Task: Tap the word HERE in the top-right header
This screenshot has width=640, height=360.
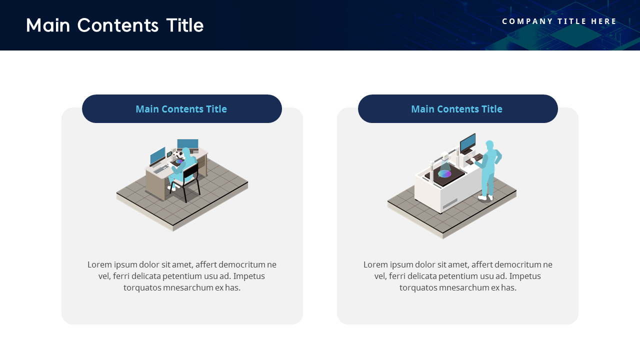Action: coord(604,21)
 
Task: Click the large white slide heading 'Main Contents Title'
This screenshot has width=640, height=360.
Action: coord(114,25)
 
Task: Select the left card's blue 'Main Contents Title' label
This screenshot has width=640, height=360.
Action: coord(181,109)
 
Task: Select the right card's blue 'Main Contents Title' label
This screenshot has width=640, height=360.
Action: coord(456,109)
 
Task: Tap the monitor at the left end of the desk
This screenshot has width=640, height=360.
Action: coord(157,156)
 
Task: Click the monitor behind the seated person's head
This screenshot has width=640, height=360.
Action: coord(187,144)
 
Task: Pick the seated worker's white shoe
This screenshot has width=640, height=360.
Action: coord(171,188)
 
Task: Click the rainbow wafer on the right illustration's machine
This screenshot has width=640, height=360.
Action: coord(444,173)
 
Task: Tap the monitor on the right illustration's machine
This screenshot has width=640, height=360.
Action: coord(467,143)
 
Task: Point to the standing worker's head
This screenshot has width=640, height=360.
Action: coord(489,145)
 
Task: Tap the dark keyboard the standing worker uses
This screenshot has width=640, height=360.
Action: coord(474,159)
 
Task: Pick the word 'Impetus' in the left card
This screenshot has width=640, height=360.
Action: coord(249,276)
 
